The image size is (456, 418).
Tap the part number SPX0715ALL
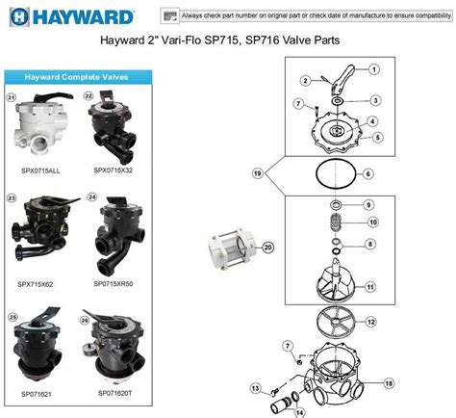(39, 170)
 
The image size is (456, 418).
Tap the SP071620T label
(114, 395)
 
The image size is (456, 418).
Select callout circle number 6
(367, 173)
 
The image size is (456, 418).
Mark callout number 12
(371, 322)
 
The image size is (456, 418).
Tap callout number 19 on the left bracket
(258, 173)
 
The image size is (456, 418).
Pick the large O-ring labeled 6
(333, 174)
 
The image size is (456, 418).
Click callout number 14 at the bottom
(298, 411)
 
